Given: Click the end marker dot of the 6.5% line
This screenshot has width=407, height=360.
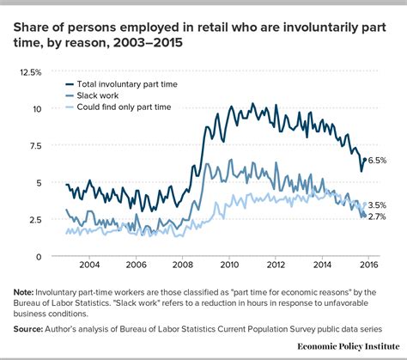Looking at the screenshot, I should point(364,160).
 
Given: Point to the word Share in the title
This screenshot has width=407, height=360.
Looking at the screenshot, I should point(32,21).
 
